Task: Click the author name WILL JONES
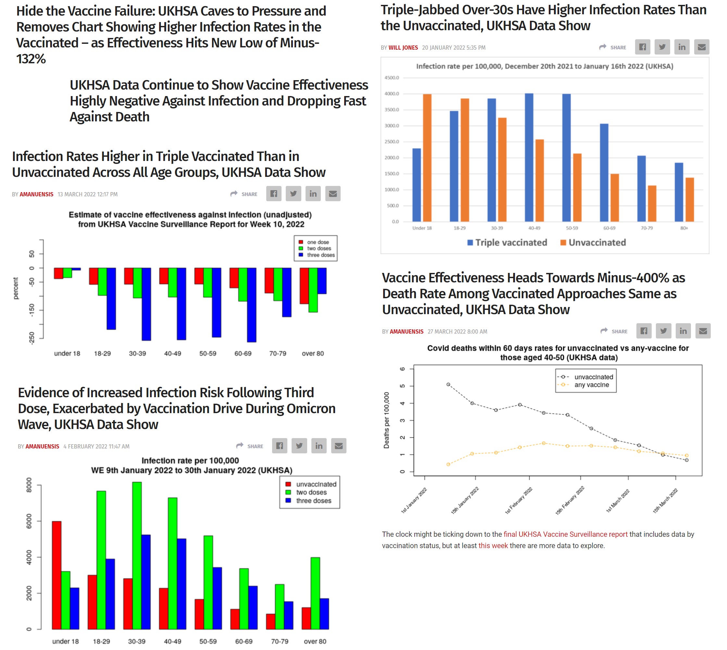(403, 47)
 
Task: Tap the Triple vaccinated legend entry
(507, 242)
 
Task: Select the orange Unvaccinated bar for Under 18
(427, 157)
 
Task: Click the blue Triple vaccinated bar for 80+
(679, 192)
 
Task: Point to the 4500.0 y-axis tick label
(392, 78)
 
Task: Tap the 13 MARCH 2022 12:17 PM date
(88, 194)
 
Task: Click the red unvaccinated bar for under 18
(56, 575)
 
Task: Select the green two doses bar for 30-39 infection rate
(137, 555)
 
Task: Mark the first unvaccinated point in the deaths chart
(448, 384)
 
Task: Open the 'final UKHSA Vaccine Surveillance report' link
(565, 534)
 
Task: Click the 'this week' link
(493, 546)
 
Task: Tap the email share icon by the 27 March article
(703, 331)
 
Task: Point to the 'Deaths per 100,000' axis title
(386, 420)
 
